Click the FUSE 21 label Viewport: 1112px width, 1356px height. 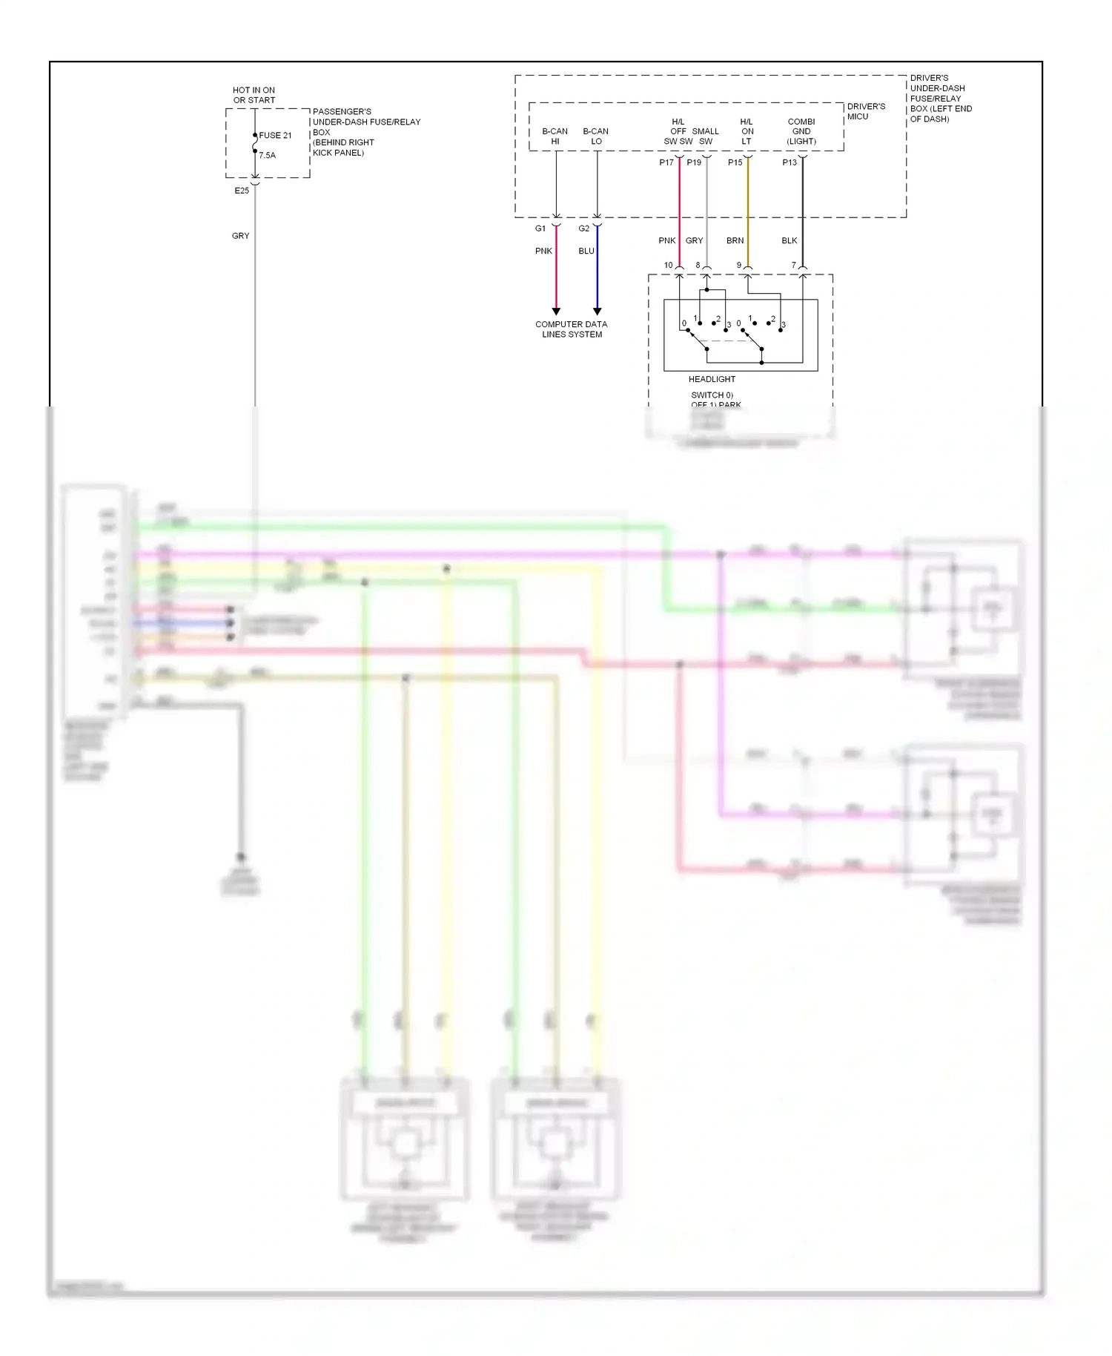(x=275, y=135)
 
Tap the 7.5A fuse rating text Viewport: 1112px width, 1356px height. (x=267, y=155)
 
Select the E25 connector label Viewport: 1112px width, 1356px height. (x=242, y=191)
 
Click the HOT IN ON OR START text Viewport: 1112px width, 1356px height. (x=254, y=95)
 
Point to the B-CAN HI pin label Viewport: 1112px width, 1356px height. (x=555, y=136)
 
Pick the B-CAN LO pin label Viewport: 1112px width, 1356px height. (x=595, y=136)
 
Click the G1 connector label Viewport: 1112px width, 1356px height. (x=540, y=228)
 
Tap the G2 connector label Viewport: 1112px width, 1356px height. (x=584, y=228)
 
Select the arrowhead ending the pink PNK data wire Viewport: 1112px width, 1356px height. (x=556, y=311)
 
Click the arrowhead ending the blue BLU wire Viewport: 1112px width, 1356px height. (x=597, y=311)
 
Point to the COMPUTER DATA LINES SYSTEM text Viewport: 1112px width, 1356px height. (x=572, y=329)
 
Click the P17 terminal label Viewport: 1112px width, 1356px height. (x=666, y=162)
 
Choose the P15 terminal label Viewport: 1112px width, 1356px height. (x=735, y=162)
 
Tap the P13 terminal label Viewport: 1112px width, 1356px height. (x=790, y=162)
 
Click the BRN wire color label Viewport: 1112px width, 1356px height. (x=735, y=240)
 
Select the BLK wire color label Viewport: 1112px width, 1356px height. (x=790, y=240)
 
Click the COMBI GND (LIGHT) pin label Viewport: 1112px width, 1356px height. (x=801, y=131)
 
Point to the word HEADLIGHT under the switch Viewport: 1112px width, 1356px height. (x=712, y=379)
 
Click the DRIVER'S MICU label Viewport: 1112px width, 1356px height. (x=866, y=111)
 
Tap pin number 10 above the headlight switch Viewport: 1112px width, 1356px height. (x=668, y=265)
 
